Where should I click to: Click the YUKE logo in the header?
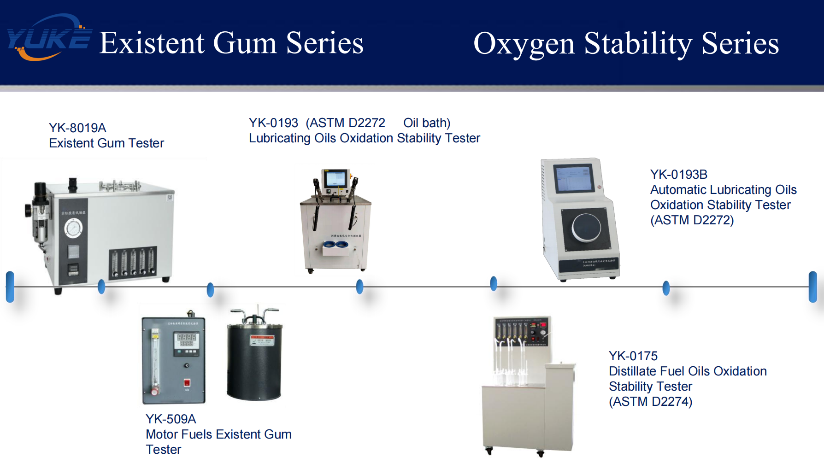click(x=48, y=38)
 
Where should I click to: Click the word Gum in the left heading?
click(x=245, y=43)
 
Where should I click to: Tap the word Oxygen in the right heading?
click(x=524, y=44)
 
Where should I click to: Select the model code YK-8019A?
click(x=77, y=128)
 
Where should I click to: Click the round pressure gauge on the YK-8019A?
click(x=73, y=228)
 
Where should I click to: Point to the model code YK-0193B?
click(x=678, y=174)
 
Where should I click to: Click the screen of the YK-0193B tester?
click(x=574, y=178)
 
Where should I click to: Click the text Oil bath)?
click(x=427, y=123)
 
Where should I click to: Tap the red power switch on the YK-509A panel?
click(x=187, y=382)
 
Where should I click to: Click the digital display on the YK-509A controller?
click(x=187, y=340)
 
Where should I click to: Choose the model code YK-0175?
click(x=633, y=356)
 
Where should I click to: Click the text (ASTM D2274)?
click(x=650, y=401)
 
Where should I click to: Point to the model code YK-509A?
click(x=171, y=419)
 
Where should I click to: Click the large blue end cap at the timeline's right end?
click(x=813, y=287)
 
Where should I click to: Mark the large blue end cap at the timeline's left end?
click(x=10, y=287)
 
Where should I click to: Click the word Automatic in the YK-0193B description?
click(x=678, y=189)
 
